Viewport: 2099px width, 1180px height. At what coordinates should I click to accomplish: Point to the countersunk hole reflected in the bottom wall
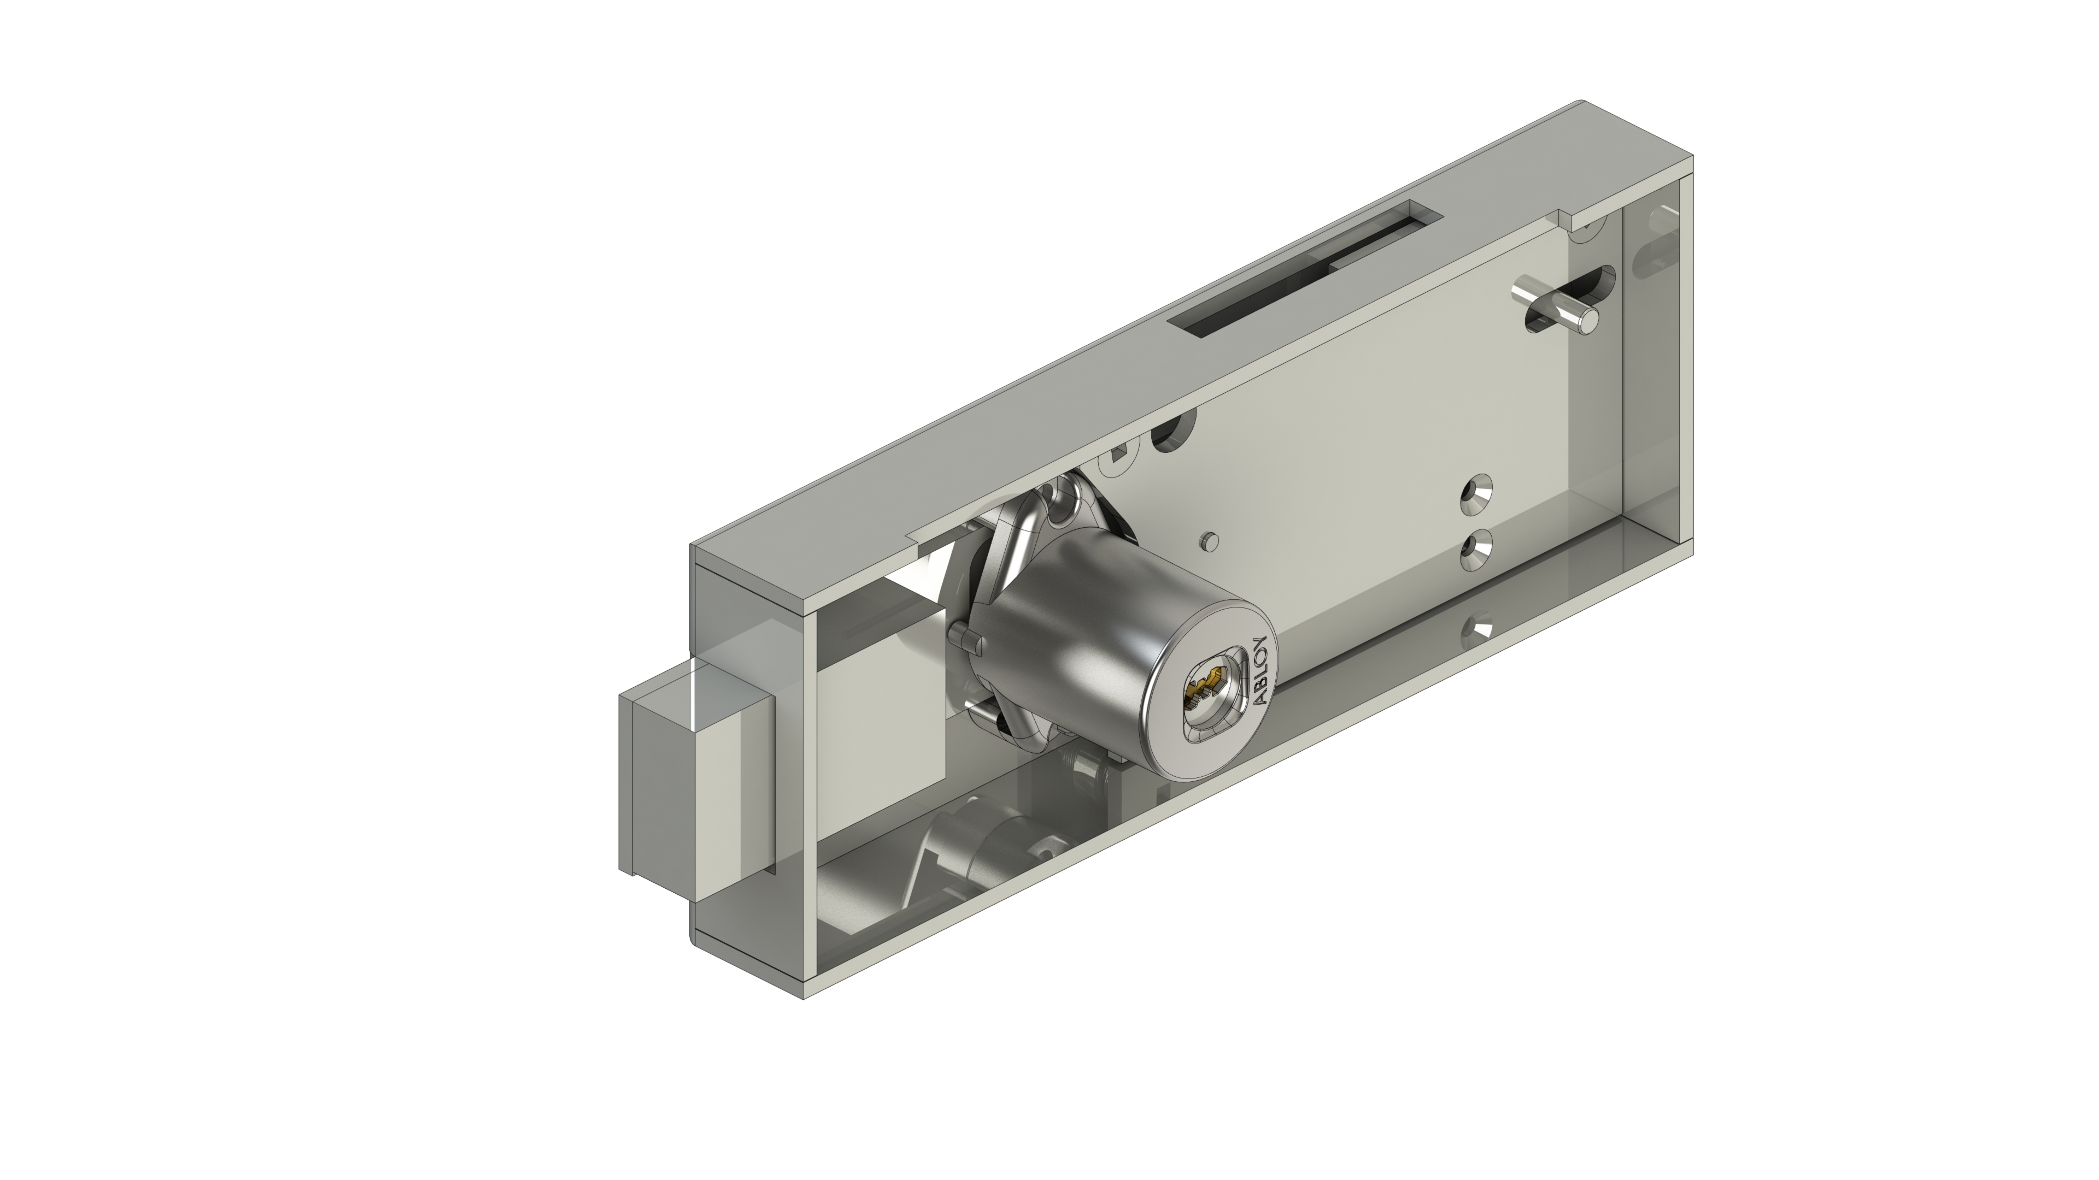1476,628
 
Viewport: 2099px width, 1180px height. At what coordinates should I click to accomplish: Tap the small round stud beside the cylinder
1211,541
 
